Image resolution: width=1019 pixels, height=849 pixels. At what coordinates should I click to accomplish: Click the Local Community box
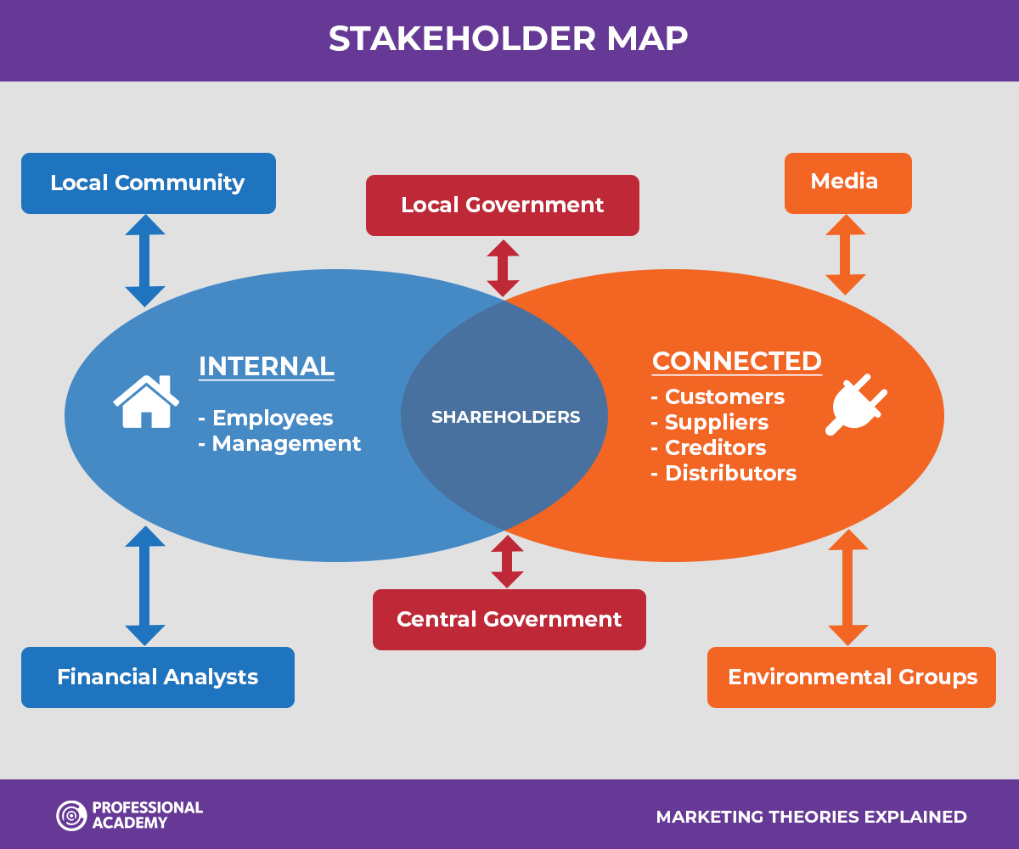pyautogui.click(x=149, y=183)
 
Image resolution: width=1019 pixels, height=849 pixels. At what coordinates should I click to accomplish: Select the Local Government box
pyautogui.click(x=503, y=205)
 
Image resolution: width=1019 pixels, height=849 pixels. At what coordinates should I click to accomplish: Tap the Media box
pyautogui.click(x=848, y=183)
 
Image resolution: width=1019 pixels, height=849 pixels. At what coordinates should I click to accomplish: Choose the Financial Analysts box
pyautogui.click(x=158, y=678)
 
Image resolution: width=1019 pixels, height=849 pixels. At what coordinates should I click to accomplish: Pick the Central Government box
pyautogui.click(x=509, y=620)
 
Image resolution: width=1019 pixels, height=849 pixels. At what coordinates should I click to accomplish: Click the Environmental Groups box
pyautogui.click(x=852, y=678)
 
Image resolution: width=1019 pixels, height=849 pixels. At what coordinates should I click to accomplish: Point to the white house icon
pyautogui.click(x=146, y=402)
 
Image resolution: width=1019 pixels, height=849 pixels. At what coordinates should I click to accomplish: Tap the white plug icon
pyautogui.click(x=856, y=404)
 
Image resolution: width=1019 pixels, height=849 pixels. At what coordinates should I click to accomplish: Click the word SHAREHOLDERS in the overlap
pyautogui.click(x=505, y=417)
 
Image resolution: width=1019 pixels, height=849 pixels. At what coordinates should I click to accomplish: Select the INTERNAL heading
pyautogui.click(x=267, y=367)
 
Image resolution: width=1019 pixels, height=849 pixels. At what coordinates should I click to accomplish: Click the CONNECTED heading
pyautogui.click(x=737, y=362)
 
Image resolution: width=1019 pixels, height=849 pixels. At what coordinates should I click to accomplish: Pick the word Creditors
pyautogui.click(x=716, y=447)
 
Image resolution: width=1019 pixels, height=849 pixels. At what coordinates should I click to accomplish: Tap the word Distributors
pyautogui.click(x=730, y=473)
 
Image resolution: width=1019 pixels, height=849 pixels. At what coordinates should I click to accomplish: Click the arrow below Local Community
pyautogui.click(x=145, y=261)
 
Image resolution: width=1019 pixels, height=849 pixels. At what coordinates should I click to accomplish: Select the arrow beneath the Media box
pyautogui.click(x=846, y=255)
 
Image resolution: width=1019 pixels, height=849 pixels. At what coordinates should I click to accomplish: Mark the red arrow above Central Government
pyautogui.click(x=507, y=561)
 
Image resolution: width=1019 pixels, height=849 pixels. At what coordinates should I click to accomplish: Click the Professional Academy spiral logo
pyautogui.click(x=71, y=815)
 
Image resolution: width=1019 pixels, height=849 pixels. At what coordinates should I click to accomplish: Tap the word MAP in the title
pyautogui.click(x=647, y=38)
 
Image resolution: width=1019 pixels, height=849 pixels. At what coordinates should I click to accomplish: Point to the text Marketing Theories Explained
pyautogui.click(x=811, y=817)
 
